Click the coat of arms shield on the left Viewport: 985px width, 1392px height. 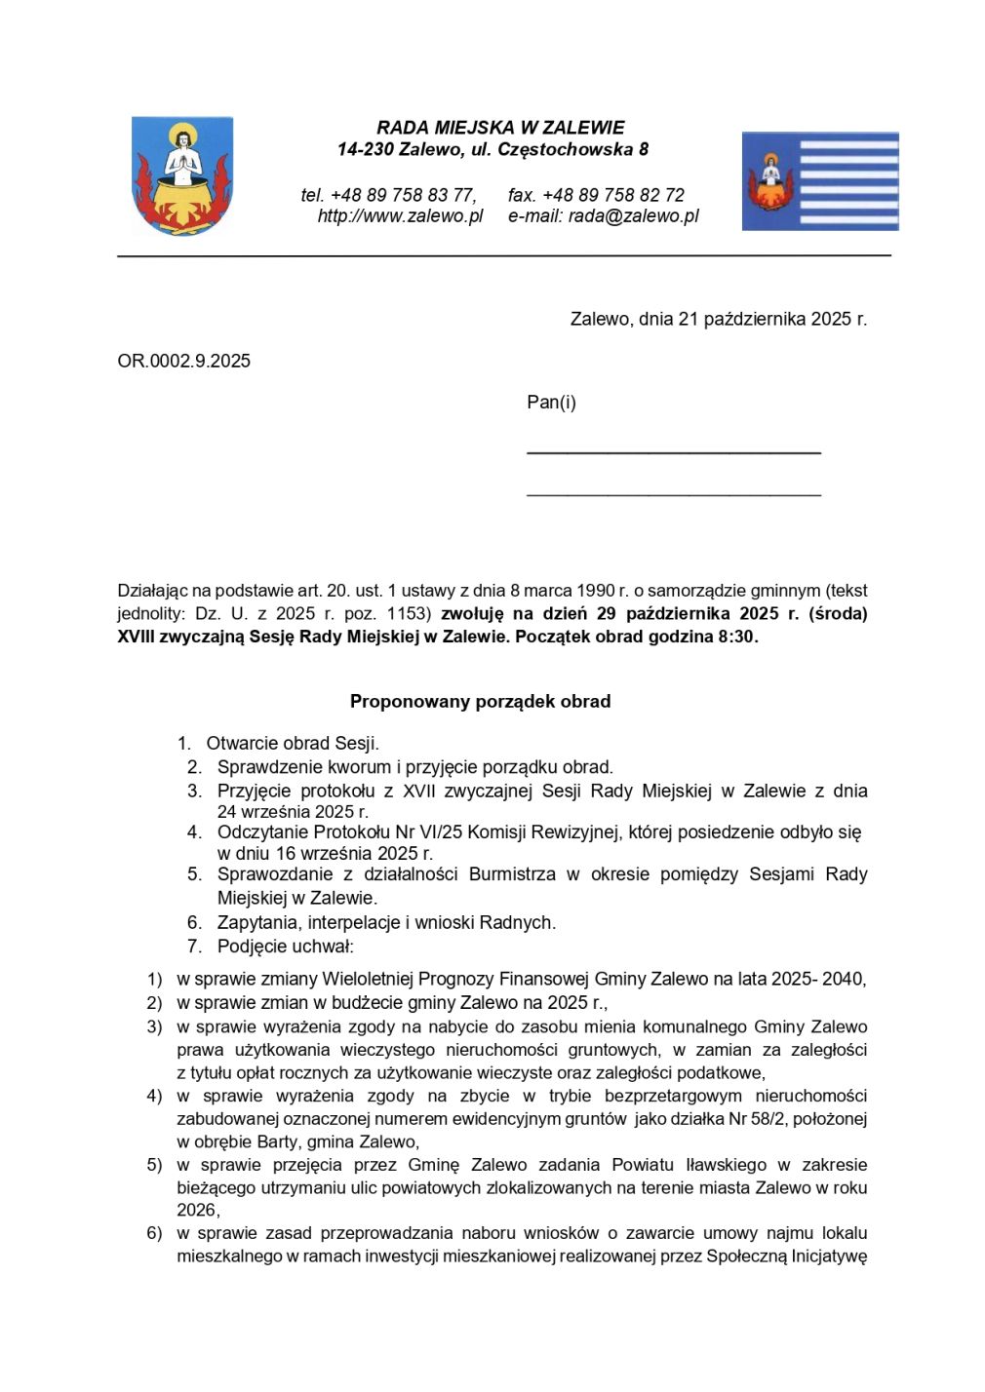(x=182, y=176)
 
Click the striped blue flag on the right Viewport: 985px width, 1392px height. (x=819, y=181)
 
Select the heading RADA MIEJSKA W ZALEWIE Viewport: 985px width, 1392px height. (x=500, y=128)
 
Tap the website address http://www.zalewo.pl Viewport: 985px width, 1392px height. (x=400, y=216)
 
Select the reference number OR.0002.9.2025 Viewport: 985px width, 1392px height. (x=183, y=361)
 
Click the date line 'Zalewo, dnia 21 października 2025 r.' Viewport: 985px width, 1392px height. (x=718, y=319)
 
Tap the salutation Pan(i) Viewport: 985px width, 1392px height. (x=551, y=403)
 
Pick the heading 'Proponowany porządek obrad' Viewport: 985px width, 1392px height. (x=480, y=701)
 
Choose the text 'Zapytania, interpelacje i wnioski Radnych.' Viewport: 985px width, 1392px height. (x=386, y=922)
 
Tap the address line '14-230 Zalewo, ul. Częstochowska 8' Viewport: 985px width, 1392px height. (x=492, y=150)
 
